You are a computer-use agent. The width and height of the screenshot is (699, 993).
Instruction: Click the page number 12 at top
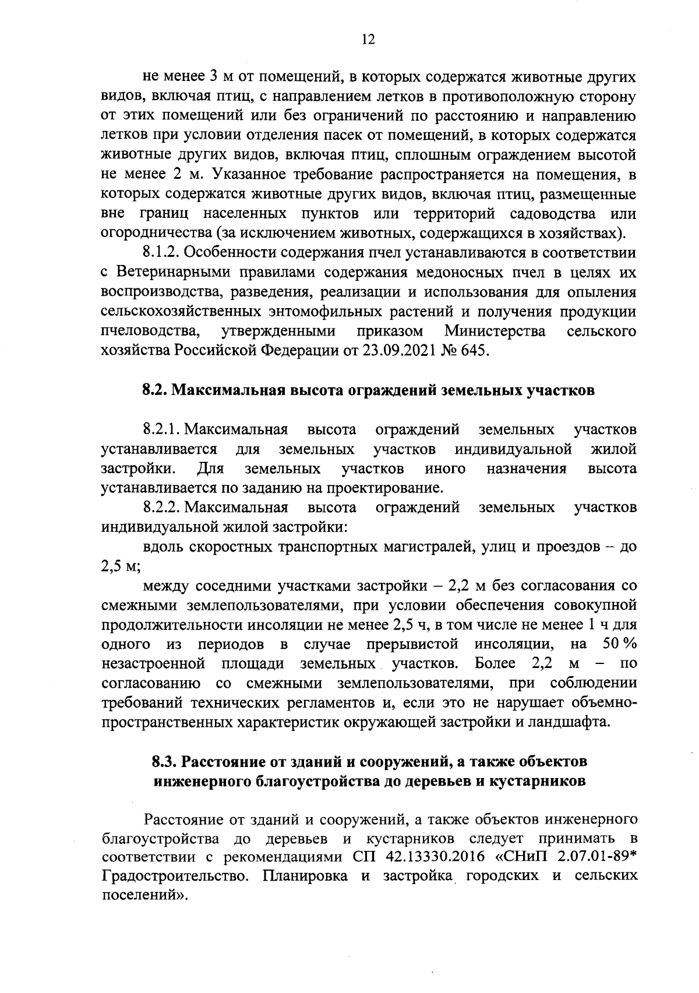(x=368, y=40)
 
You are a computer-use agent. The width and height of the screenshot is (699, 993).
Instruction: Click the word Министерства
(x=495, y=331)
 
